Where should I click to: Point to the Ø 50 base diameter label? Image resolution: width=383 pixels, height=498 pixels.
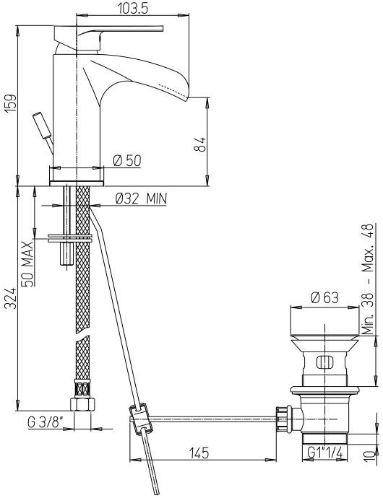[126, 160]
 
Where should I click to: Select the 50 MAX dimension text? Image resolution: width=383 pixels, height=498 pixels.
[26, 249]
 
